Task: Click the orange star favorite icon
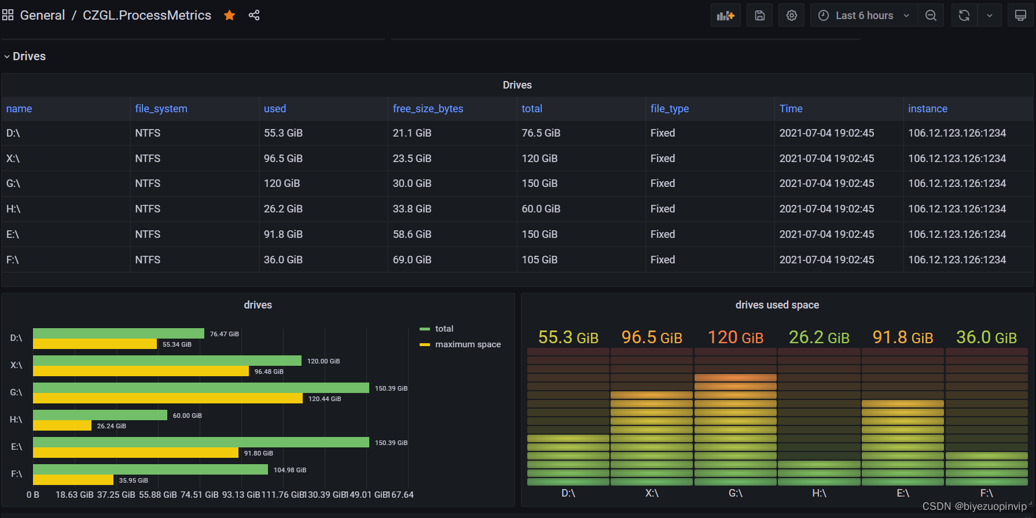point(230,16)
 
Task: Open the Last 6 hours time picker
point(864,16)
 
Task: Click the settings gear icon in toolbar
point(791,16)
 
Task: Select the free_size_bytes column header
point(428,109)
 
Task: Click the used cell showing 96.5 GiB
point(283,159)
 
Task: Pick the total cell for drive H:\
point(541,209)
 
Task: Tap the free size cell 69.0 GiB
point(412,260)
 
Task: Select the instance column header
point(927,109)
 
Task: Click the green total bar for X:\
point(167,361)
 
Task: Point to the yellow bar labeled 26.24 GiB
point(62,426)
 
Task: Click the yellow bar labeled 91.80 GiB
point(135,453)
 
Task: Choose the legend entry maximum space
point(467,344)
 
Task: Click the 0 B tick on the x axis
point(33,495)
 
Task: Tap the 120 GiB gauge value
point(735,337)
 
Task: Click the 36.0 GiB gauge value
point(986,337)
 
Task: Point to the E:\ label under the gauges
point(902,493)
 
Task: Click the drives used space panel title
point(777,305)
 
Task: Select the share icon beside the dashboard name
point(254,16)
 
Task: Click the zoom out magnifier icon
point(931,16)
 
